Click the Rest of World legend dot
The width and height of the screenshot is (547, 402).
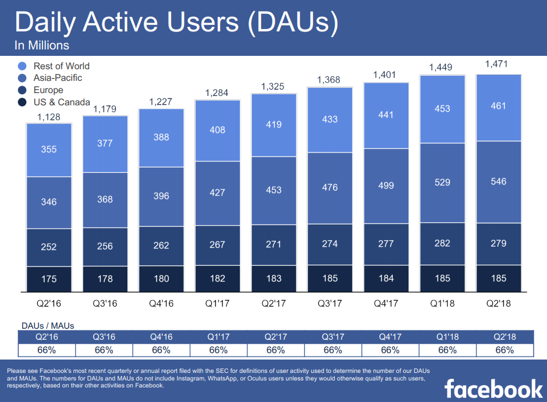(23, 66)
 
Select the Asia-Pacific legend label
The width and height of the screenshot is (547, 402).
(58, 78)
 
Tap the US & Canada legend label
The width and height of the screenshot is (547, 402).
(62, 102)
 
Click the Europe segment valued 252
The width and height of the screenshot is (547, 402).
(49, 247)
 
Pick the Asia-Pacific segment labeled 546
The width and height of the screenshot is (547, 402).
(499, 182)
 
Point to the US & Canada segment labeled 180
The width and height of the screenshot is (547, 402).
(161, 279)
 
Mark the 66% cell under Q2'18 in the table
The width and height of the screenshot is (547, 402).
(505, 350)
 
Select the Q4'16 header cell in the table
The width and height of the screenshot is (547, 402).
(161, 337)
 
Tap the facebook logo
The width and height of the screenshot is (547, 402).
(493, 387)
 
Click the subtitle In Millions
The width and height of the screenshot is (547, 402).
(42, 45)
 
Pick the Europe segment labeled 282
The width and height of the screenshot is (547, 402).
(442, 243)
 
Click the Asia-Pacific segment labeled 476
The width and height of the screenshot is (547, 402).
(330, 187)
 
